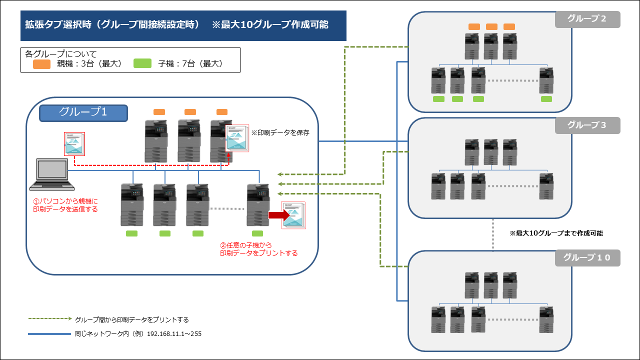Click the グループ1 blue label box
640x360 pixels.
(x=83, y=113)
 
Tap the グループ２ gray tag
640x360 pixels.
(x=587, y=19)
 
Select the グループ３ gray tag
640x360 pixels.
(x=587, y=125)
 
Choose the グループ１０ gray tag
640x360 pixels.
(x=587, y=258)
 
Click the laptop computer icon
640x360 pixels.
(x=52, y=174)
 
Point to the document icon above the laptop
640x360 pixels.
(x=74, y=143)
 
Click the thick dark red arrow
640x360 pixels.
(x=279, y=215)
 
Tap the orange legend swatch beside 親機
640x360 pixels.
(x=41, y=64)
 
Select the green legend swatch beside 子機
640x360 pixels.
(x=142, y=63)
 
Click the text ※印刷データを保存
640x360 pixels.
(x=280, y=132)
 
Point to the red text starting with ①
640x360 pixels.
(x=65, y=205)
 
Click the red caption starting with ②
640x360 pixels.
(x=259, y=249)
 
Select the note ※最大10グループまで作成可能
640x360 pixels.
(x=556, y=233)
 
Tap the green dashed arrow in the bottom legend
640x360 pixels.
(x=50, y=318)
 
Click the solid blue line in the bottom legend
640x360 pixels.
(x=49, y=333)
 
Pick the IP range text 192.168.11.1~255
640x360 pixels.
(x=174, y=333)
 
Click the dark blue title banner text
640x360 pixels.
(x=176, y=24)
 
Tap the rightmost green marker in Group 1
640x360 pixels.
(x=257, y=233)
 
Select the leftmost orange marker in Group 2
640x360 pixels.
(x=474, y=27)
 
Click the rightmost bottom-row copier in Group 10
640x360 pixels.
(x=546, y=319)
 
